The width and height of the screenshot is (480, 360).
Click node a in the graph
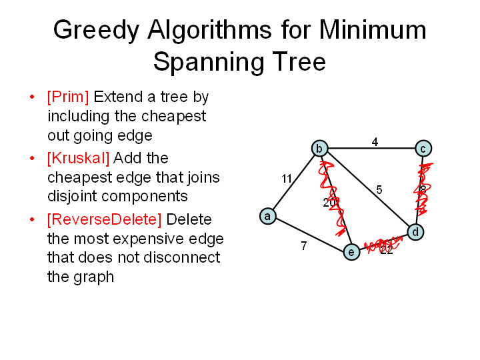pos(267,216)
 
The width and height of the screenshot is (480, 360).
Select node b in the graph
pos(319,149)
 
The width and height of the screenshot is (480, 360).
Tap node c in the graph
pos(423,149)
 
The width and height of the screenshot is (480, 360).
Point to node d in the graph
pos(415,232)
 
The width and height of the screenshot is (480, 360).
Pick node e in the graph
pos(351,252)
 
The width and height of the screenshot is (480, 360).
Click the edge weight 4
pos(375,142)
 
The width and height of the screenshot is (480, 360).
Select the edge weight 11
pos(287,179)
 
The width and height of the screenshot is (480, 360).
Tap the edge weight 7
pos(304,245)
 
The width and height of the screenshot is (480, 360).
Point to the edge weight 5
pos(379,190)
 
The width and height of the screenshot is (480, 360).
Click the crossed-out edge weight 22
pos(386,250)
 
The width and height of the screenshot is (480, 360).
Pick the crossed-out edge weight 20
pos(330,203)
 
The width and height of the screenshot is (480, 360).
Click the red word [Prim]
pos(68,97)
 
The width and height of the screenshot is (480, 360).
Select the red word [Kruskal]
pos(79,158)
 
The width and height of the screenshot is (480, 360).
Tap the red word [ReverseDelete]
pos(105,219)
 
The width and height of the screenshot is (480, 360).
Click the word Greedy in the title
pos(96,31)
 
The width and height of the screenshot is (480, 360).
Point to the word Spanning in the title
pos(209,62)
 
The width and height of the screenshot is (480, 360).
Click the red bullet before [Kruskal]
pos(32,158)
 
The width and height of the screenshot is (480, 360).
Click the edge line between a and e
pos(309,234)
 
